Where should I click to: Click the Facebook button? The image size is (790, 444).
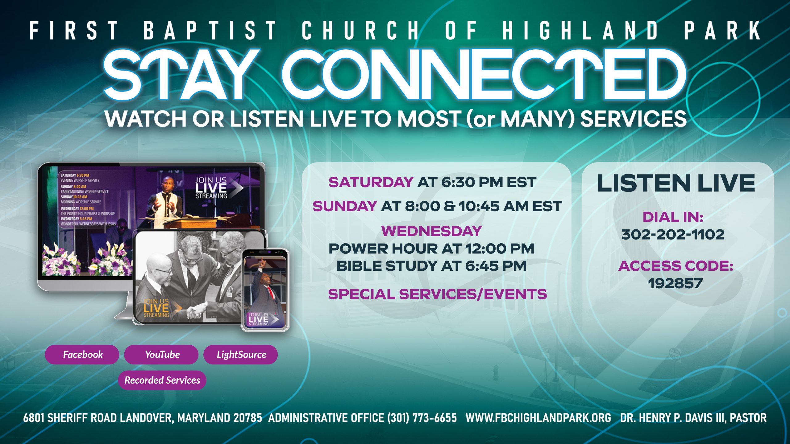tap(82, 355)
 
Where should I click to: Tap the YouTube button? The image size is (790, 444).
tap(161, 355)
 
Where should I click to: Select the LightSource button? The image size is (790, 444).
tap(241, 355)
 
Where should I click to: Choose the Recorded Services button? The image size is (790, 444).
tap(162, 380)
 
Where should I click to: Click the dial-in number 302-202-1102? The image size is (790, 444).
tap(673, 235)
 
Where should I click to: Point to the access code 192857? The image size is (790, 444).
tap(675, 284)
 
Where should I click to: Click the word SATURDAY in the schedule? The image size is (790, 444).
tap(371, 182)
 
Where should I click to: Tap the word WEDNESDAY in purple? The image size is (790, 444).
tap(431, 231)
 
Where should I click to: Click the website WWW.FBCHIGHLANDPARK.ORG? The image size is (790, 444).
tap(538, 418)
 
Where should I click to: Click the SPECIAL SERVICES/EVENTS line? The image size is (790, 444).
tap(437, 294)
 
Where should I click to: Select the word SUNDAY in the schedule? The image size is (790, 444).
tap(345, 206)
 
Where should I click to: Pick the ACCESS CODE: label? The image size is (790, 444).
tap(676, 266)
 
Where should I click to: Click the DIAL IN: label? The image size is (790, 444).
tap(673, 217)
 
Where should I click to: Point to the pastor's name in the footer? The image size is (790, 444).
tap(693, 418)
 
